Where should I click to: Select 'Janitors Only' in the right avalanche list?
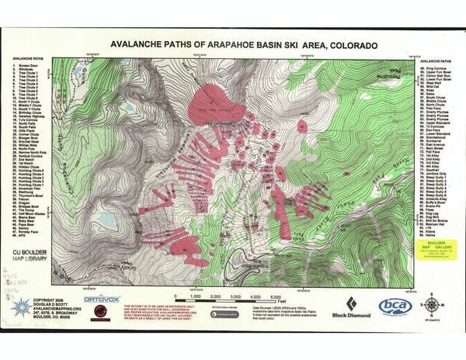[440, 172]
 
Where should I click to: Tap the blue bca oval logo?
[395, 306]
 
